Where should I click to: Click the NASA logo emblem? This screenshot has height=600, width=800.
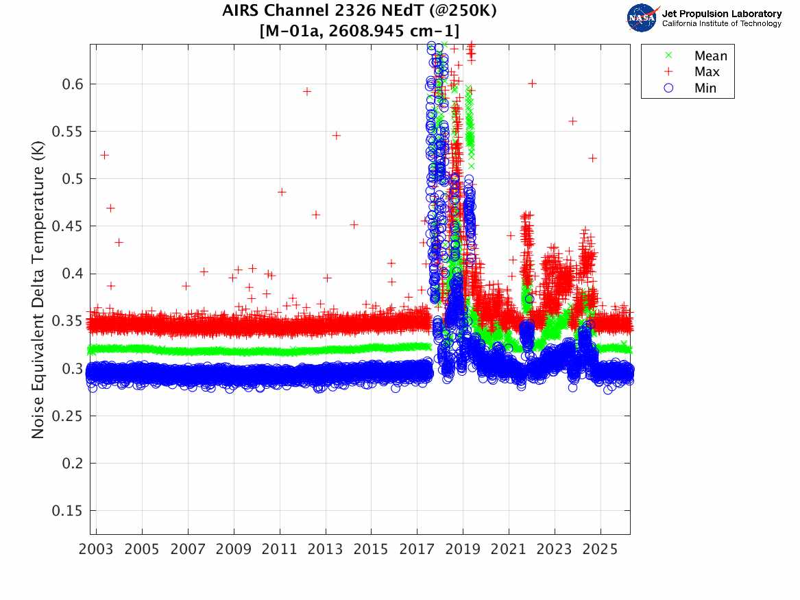click(642, 18)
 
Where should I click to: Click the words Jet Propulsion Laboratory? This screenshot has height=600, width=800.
click(721, 14)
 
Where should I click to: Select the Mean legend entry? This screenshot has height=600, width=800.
click(710, 56)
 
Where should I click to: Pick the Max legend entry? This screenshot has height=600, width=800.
click(707, 72)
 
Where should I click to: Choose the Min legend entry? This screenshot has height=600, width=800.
click(705, 88)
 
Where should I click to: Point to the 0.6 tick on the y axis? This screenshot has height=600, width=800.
click(71, 84)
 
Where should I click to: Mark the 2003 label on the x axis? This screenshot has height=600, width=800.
click(97, 549)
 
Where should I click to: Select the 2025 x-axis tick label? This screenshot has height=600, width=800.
click(601, 549)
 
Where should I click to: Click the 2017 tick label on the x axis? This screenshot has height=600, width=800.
click(417, 549)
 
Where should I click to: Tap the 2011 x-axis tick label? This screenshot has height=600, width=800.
click(280, 549)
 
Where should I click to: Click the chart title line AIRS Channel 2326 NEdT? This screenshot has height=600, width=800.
click(359, 12)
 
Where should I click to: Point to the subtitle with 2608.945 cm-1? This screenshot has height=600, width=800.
click(359, 30)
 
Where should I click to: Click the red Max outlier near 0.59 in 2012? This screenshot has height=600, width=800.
click(307, 91)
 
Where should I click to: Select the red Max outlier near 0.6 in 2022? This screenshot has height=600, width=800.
click(532, 83)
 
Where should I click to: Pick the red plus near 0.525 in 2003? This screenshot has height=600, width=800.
click(104, 155)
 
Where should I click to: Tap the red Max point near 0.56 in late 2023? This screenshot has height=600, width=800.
click(573, 121)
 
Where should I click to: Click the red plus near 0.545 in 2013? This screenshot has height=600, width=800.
click(337, 135)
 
